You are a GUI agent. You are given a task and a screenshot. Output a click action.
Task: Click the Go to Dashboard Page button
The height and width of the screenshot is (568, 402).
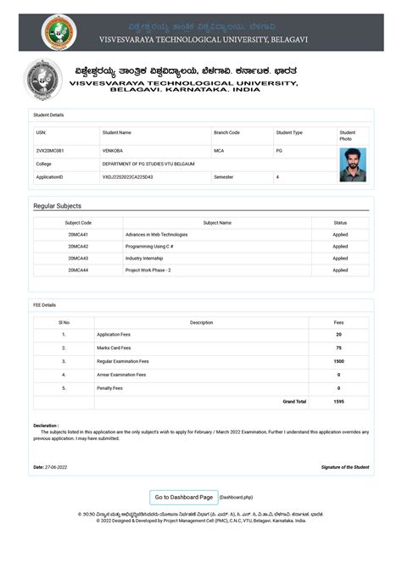click(x=183, y=497)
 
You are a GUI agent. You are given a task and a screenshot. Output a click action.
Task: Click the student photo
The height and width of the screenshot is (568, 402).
click(x=353, y=164)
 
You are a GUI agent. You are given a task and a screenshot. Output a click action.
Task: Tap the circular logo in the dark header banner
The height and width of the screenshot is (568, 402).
click(x=59, y=32)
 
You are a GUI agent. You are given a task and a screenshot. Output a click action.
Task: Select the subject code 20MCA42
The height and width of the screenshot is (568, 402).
click(x=78, y=246)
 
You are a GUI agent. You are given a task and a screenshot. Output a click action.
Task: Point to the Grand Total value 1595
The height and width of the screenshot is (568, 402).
click(x=338, y=401)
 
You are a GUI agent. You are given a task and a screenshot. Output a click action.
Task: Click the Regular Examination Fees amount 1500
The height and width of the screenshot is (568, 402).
click(x=338, y=361)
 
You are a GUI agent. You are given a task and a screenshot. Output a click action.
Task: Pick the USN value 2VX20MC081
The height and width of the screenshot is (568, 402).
click(x=50, y=150)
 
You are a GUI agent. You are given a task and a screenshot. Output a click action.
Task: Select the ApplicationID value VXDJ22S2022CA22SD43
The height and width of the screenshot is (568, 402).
click(x=127, y=177)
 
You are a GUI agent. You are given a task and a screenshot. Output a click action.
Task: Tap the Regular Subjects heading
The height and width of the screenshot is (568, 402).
click(x=58, y=206)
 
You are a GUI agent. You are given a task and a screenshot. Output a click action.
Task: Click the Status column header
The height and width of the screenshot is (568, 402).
click(x=339, y=222)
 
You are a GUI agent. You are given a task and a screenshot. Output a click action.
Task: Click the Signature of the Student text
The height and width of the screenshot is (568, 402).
click(x=344, y=467)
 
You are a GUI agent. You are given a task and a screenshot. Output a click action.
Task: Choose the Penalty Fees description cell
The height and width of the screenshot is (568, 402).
click(x=110, y=388)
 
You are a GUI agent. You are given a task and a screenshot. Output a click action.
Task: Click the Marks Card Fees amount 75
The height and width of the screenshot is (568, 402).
click(x=338, y=348)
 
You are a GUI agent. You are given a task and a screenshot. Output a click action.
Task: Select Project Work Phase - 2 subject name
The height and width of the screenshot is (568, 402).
click(x=148, y=270)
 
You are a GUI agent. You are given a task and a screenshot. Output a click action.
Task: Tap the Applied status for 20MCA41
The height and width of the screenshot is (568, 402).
click(x=339, y=234)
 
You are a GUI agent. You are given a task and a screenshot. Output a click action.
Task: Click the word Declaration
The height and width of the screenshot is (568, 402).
click(x=46, y=426)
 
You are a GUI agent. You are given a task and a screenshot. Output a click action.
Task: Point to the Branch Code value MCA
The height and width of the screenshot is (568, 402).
click(x=219, y=150)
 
